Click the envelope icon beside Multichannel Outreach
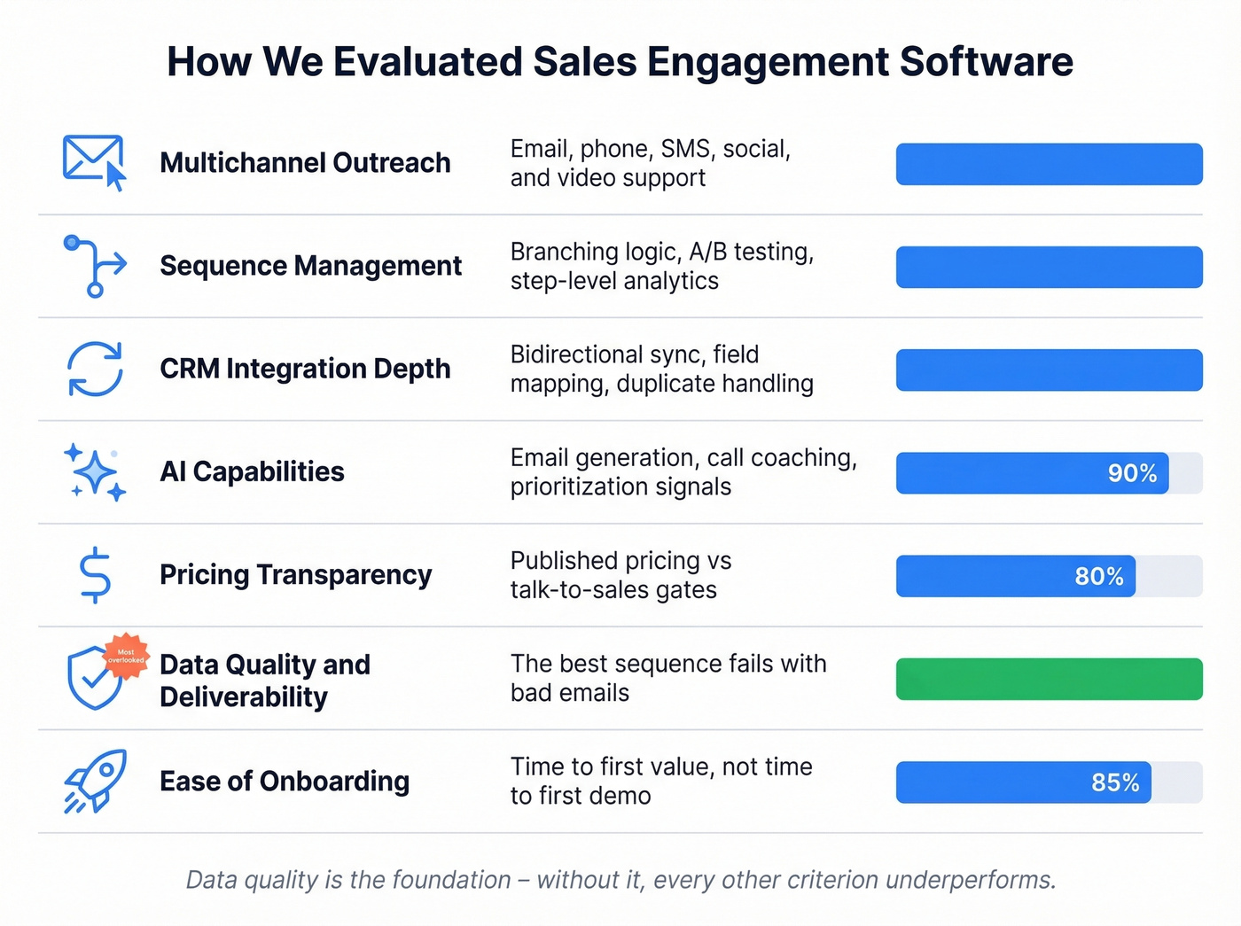coord(93,161)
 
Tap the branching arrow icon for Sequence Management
coord(94,265)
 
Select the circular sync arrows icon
coord(95,369)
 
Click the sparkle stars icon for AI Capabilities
coord(95,471)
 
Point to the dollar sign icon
coord(95,575)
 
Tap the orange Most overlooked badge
coord(126,656)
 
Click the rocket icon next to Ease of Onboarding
coord(95,781)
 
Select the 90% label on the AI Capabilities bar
coord(1132,473)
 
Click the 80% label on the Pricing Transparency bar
coord(1098,576)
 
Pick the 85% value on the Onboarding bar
coord(1115,782)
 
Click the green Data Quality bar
coord(1049,679)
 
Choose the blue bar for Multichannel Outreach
coord(1049,164)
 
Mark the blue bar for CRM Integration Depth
coord(1049,370)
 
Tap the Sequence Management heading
coord(310,266)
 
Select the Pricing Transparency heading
coord(295,575)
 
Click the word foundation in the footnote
coord(451,880)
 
